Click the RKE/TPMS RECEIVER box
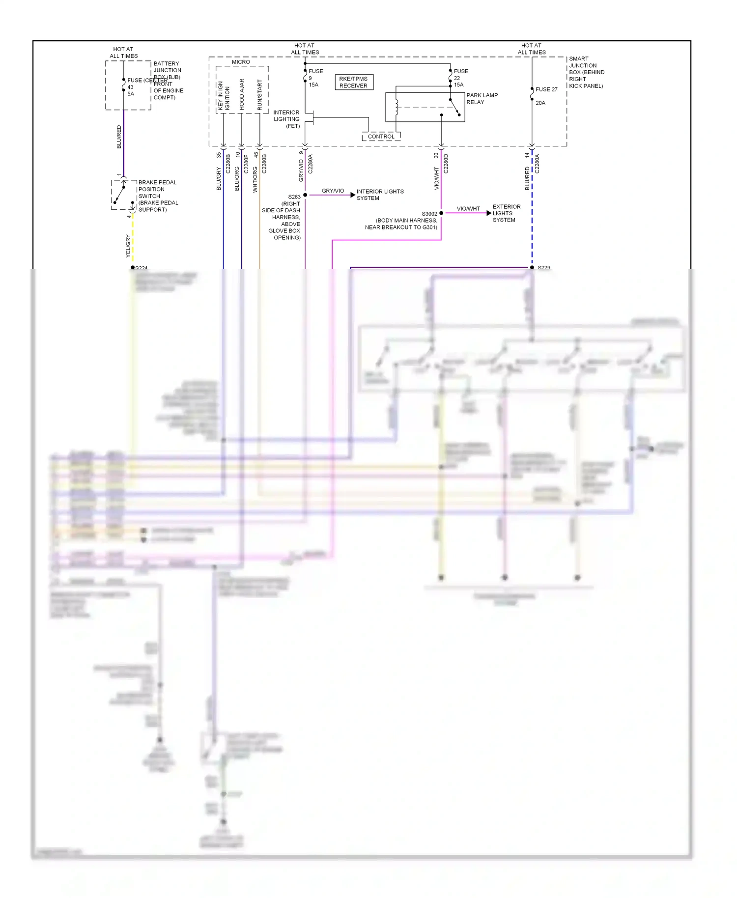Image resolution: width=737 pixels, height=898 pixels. coord(354,82)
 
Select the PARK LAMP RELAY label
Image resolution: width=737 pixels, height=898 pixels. coord(482,99)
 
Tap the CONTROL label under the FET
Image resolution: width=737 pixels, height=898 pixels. coord(381,137)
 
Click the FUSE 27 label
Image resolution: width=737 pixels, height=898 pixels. coord(546,89)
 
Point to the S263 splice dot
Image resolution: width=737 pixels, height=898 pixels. coord(305,195)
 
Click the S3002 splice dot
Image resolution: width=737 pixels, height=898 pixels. coord(441,213)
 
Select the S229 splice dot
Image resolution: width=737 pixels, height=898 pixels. coord(532,268)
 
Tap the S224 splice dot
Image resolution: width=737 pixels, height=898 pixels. coord(133,268)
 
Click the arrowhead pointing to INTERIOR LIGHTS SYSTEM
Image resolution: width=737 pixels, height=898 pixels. coord(352,195)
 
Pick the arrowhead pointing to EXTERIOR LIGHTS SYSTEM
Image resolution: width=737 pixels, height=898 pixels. coord(488,213)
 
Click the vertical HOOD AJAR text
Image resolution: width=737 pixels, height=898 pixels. coord(242,94)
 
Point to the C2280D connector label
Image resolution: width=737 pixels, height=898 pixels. coord(446,164)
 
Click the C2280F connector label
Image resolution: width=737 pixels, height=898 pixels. coord(246,164)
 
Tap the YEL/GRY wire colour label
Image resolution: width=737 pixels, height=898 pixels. coord(128,246)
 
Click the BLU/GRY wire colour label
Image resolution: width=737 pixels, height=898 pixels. coord(219,178)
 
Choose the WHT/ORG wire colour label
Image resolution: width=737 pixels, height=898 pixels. coord(255,179)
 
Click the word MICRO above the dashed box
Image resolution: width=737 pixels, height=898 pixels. coord(241,62)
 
